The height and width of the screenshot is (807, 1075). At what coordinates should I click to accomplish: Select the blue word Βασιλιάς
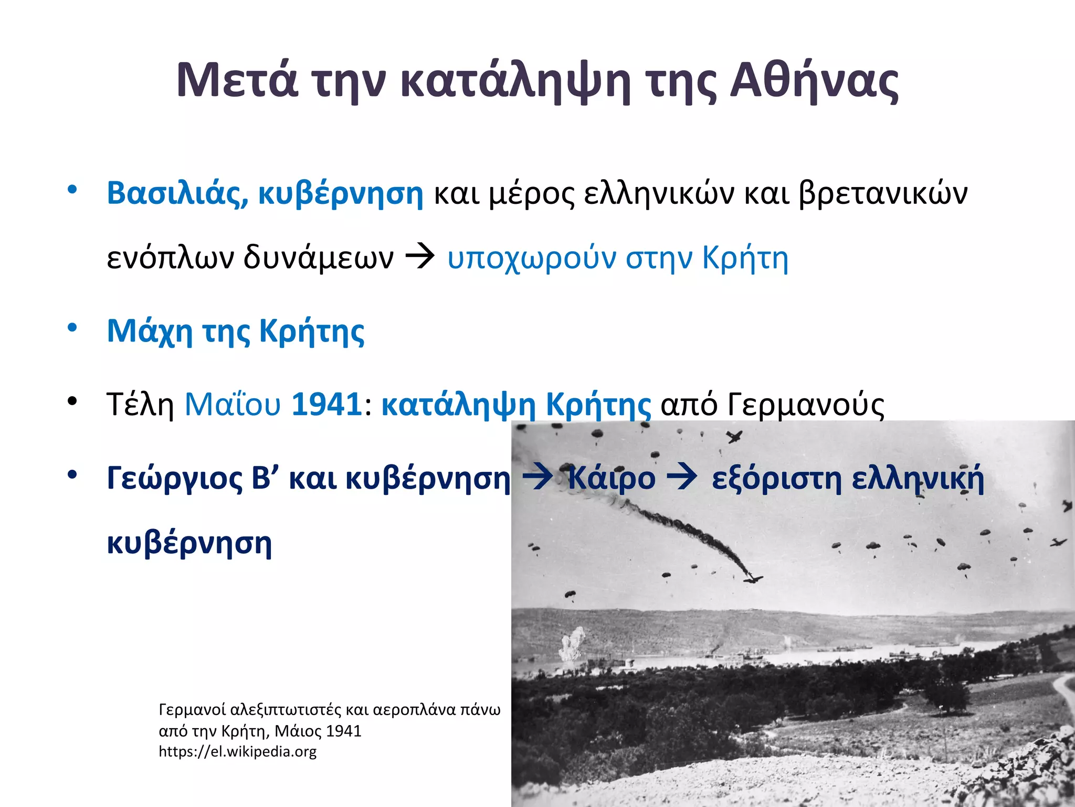(x=177, y=193)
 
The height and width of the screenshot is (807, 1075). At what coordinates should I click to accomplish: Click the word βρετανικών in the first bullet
(x=883, y=193)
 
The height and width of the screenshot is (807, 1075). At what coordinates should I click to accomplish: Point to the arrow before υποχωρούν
(x=420, y=257)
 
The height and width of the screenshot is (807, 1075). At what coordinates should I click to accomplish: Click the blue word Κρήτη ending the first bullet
(x=745, y=258)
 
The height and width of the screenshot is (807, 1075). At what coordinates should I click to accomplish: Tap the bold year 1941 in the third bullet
(x=326, y=404)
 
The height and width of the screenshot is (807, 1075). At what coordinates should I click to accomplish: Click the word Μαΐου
(x=233, y=404)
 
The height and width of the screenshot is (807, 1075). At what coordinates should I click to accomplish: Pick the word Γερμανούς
(x=806, y=405)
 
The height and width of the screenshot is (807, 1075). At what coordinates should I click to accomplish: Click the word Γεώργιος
(x=173, y=479)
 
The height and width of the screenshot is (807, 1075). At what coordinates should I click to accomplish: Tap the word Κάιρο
(x=612, y=479)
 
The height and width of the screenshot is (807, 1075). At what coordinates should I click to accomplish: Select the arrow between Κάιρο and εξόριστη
(x=682, y=478)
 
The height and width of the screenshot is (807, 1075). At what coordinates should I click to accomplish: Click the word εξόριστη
(x=777, y=479)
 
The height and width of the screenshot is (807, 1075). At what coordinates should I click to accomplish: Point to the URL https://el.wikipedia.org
(x=237, y=751)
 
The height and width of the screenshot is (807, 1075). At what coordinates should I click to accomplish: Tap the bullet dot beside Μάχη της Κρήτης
(x=72, y=328)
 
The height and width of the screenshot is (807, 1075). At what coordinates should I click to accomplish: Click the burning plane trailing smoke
(x=751, y=578)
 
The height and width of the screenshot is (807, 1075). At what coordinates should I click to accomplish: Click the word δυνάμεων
(x=318, y=258)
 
